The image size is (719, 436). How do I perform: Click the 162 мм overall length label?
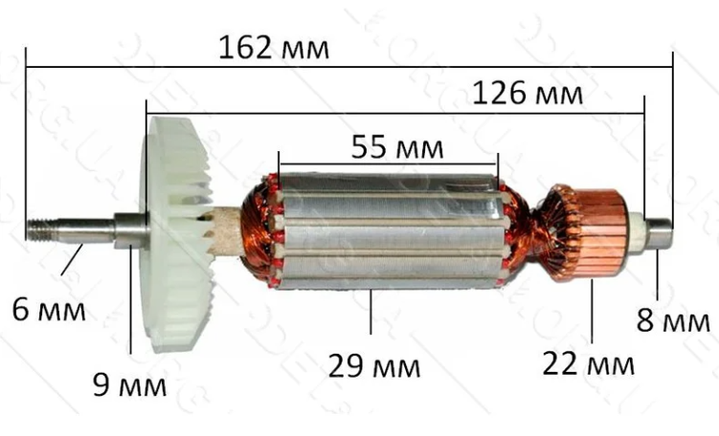[x=274, y=46]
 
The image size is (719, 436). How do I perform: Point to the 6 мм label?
[x=48, y=310]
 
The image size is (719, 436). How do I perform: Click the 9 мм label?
[x=129, y=385]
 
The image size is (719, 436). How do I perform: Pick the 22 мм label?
[x=588, y=364]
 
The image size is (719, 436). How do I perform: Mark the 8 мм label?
[x=673, y=320]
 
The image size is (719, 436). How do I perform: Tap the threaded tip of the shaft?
[x=43, y=231]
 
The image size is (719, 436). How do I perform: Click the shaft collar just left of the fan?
[x=132, y=230]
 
